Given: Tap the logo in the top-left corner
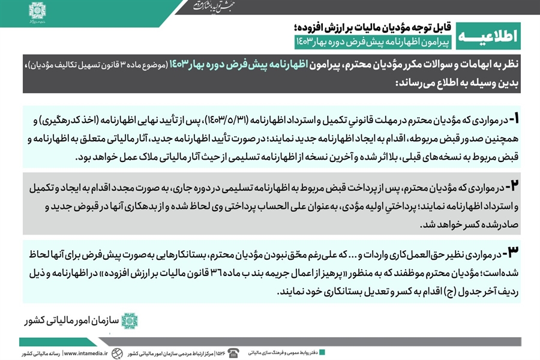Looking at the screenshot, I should (38, 13).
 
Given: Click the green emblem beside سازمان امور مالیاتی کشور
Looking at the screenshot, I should (129, 321).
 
